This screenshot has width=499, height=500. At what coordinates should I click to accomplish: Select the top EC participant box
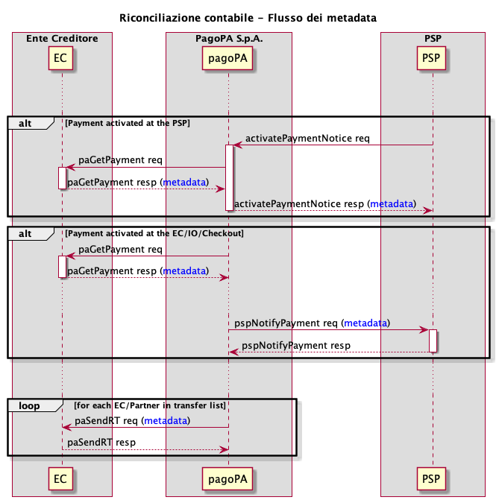pos(62,57)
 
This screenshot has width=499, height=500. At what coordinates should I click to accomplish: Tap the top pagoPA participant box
pos(228,57)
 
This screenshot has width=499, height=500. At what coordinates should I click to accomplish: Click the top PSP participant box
pos(432,57)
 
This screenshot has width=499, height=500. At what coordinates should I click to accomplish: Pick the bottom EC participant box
pos(62,476)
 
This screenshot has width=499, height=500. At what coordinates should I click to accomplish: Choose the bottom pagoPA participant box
pos(228,476)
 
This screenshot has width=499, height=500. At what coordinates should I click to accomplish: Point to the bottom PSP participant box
pos(432,476)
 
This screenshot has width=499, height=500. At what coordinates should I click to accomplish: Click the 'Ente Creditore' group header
pos(62,38)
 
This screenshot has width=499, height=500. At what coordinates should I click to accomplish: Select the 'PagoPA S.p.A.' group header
pos(228,38)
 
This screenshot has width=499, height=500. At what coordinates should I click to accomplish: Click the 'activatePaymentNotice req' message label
pos(307,138)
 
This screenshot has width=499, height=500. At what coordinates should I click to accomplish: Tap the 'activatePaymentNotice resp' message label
pos(300,203)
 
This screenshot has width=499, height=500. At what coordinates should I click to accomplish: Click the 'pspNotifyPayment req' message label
pos(287,323)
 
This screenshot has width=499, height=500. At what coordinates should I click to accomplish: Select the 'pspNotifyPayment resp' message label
pos(296,345)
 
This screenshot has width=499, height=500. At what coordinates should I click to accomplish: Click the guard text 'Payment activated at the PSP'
pos(128,122)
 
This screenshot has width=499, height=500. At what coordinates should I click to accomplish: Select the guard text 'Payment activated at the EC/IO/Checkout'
pos(154,233)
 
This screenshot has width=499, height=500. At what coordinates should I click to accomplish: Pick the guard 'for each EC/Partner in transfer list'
pos(150,405)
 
